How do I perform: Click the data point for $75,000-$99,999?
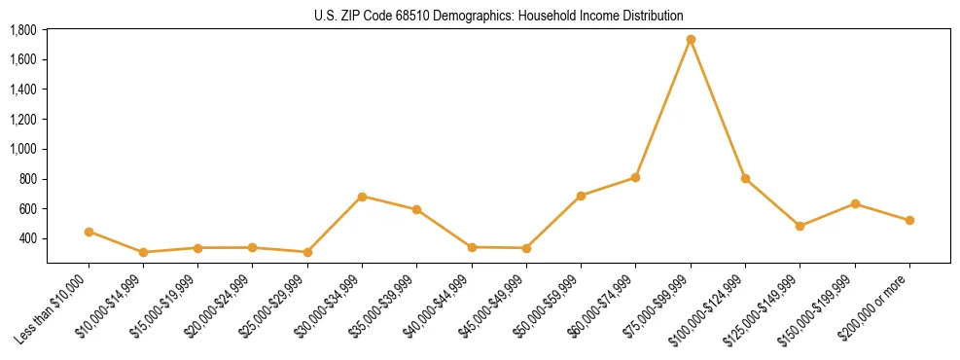[691, 40]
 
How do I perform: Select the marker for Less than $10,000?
[89, 232]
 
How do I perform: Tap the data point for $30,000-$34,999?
[362, 197]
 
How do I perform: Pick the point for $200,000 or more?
[909, 220]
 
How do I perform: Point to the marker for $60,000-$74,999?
[635, 177]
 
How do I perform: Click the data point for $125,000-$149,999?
[800, 226]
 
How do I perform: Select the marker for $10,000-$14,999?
[143, 252]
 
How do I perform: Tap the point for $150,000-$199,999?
[855, 203]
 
